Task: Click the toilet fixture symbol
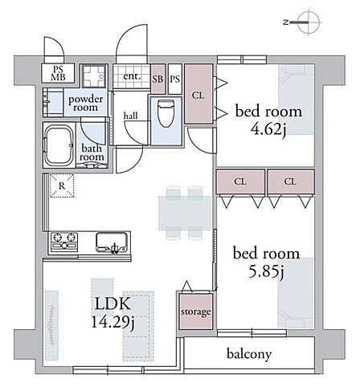(x=166, y=114)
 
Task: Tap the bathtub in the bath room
(x=59, y=146)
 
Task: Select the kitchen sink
(x=112, y=242)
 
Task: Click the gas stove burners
(x=64, y=242)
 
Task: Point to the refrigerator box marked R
(x=62, y=185)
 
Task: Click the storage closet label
(x=195, y=312)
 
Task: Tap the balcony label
(x=249, y=354)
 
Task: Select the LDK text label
(x=112, y=304)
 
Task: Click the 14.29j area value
(x=113, y=322)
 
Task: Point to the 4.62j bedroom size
(x=268, y=129)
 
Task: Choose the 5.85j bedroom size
(x=267, y=271)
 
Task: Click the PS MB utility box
(x=58, y=73)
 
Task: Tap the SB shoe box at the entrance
(x=157, y=79)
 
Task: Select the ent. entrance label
(x=132, y=76)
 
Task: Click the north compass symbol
(x=304, y=22)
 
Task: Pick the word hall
(x=131, y=116)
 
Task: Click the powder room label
(x=86, y=104)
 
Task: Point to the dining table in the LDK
(x=185, y=213)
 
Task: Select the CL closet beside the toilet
(x=198, y=94)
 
